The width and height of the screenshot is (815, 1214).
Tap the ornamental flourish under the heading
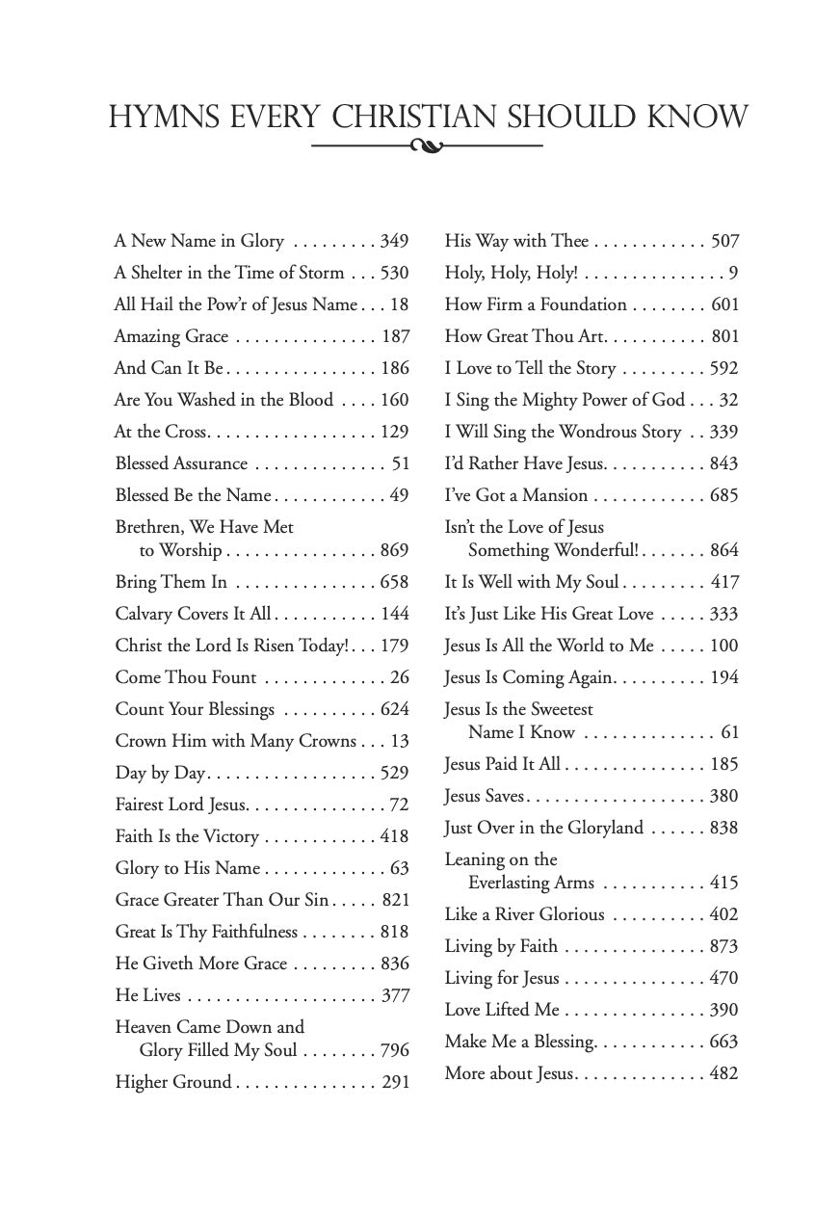pyautogui.click(x=427, y=146)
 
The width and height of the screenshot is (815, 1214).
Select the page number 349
pyautogui.click(x=394, y=241)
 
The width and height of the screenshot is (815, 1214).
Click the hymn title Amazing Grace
pyautogui.click(x=171, y=336)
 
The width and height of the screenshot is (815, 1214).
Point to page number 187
pyautogui.click(x=395, y=336)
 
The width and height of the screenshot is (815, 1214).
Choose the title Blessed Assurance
pyautogui.click(x=181, y=463)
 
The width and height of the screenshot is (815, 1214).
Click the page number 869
pyautogui.click(x=394, y=550)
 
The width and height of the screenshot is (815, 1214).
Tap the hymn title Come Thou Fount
pyautogui.click(x=186, y=677)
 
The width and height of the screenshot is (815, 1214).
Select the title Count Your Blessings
pyautogui.click(x=195, y=709)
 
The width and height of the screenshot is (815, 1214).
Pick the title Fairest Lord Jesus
pyautogui.click(x=181, y=805)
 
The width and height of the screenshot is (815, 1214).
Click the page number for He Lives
pyautogui.click(x=395, y=995)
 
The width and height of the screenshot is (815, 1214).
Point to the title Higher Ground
pyautogui.click(x=173, y=1082)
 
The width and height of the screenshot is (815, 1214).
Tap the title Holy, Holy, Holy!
pyautogui.click(x=511, y=273)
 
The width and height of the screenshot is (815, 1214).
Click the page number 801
pyautogui.click(x=724, y=336)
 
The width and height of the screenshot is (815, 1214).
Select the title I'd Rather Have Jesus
pyautogui.click(x=524, y=463)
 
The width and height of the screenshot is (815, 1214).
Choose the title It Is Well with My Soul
pyautogui.click(x=531, y=582)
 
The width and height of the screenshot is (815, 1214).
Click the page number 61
pyautogui.click(x=730, y=732)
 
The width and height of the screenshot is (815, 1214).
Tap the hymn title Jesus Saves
pyautogui.click(x=485, y=796)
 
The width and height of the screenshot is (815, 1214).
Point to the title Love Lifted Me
pyautogui.click(x=502, y=1010)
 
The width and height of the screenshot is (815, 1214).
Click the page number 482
pyautogui.click(x=723, y=1073)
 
